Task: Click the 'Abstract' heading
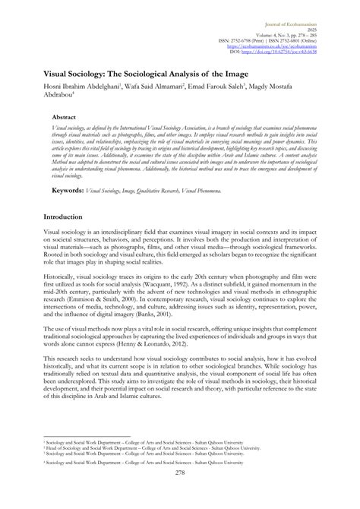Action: coord(64,119)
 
